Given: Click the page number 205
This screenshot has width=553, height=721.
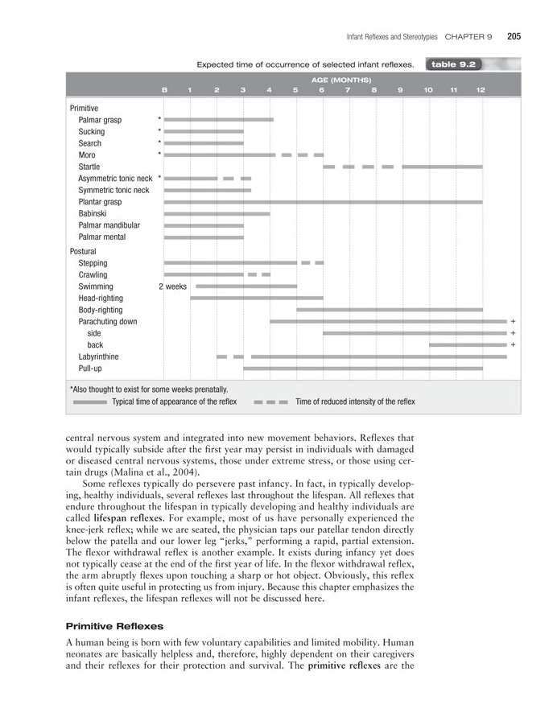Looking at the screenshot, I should coord(514,35).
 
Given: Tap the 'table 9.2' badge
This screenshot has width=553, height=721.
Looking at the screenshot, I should coord(454,64).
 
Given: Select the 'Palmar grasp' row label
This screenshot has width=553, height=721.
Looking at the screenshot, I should coord(100,120).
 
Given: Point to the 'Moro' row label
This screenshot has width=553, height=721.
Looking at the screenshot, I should coord(87,154).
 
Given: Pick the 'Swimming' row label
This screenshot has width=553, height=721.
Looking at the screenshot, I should coord(96,286).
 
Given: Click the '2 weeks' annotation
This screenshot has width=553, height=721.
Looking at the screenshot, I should coord(172,286).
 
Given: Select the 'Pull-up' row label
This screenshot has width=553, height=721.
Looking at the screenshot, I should coord(91,369).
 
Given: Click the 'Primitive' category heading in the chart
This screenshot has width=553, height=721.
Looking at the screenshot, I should coord(84,108).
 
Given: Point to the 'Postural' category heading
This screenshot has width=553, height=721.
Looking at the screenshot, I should coord(83,251).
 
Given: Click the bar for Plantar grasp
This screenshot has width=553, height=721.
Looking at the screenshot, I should coord(323,202).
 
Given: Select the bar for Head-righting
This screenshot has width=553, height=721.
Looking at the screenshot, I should coord(256,298).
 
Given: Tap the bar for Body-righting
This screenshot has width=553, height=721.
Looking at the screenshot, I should coord(390,310).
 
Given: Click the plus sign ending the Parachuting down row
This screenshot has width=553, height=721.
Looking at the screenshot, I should coord(513,322).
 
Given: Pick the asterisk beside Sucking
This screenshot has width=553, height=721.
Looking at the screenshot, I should coord(160,131).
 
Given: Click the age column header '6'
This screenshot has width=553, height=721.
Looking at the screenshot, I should coord(321,89).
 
